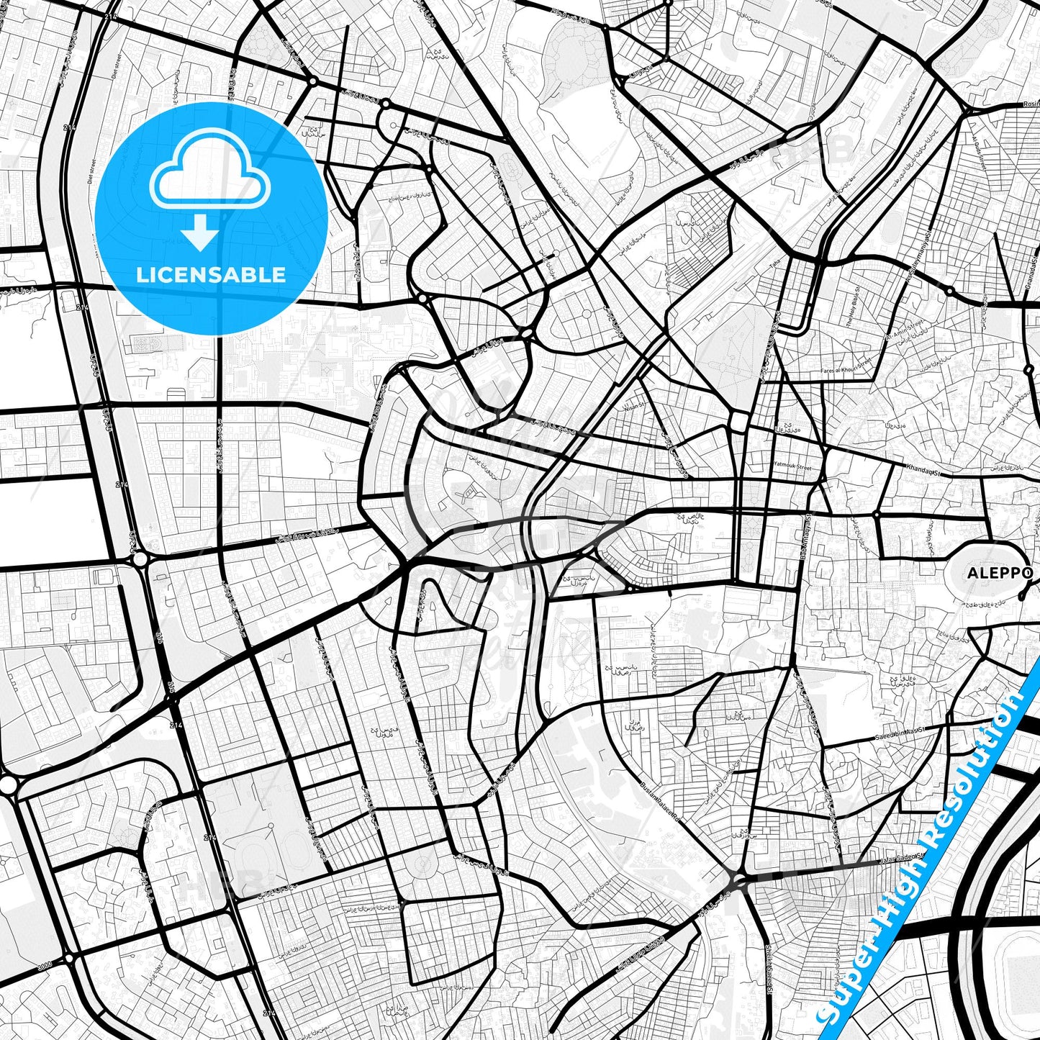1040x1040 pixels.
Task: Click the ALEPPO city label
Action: tap(1000, 573)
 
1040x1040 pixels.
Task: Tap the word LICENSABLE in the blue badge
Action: tap(211, 274)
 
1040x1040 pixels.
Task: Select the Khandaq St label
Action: tap(924, 469)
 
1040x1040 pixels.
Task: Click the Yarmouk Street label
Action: tap(792, 467)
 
